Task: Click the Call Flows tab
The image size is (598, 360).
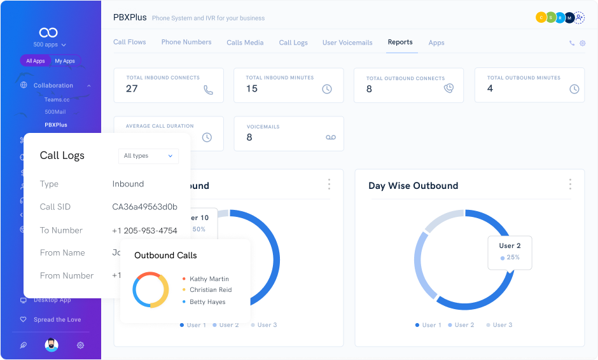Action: [129, 42]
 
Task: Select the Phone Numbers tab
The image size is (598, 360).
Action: [186, 42]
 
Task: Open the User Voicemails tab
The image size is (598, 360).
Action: [347, 43]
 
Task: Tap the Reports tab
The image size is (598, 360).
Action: [400, 42]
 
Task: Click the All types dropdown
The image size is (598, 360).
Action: [148, 156]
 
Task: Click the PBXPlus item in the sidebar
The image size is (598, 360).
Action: [56, 125]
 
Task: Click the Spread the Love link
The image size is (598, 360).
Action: [57, 320]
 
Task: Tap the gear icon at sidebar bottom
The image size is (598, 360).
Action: [80, 345]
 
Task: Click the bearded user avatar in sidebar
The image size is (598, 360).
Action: [52, 345]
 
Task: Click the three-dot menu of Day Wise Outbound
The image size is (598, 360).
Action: [569, 184]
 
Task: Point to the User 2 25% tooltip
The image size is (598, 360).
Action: [510, 252]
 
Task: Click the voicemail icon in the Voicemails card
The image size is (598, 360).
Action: [330, 137]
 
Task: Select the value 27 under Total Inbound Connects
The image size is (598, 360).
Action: [132, 89]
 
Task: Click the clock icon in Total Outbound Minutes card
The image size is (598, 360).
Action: [574, 89]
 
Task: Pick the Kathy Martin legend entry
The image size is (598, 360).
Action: [209, 279]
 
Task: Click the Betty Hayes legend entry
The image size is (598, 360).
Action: [207, 301]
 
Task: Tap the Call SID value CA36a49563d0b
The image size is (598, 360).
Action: [144, 207]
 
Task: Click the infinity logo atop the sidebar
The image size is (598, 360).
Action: [48, 32]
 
